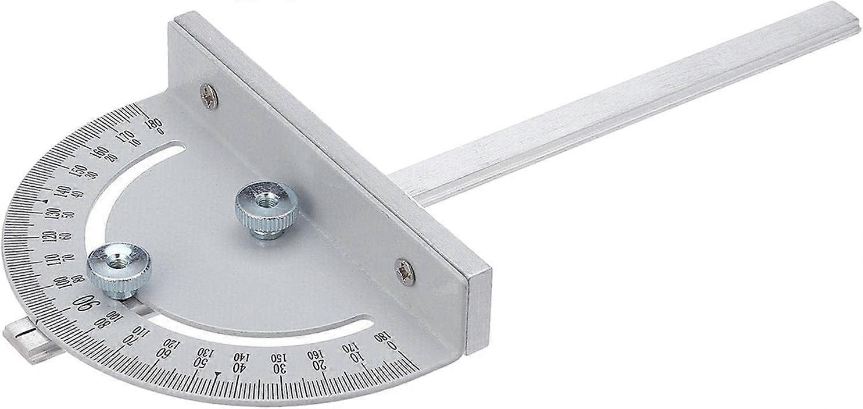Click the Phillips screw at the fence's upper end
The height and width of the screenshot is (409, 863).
tap(209, 96)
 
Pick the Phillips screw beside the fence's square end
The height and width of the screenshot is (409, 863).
tap(405, 272)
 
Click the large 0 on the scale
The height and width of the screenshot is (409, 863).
tap(393, 347)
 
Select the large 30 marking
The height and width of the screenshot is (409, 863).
tap(280, 369)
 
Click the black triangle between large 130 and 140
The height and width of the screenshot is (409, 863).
tap(45, 201)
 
